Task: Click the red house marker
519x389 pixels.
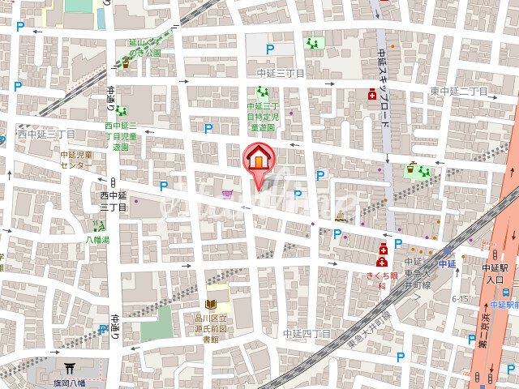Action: [x=258, y=158]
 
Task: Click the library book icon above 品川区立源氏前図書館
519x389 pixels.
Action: [x=210, y=303]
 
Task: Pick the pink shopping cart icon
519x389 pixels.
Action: [x=227, y=194]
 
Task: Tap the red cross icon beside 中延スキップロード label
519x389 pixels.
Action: [x=373, y=95]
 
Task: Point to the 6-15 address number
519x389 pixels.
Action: [x=461, y=298]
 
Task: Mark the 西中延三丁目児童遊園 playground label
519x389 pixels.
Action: [x=121, y=137]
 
